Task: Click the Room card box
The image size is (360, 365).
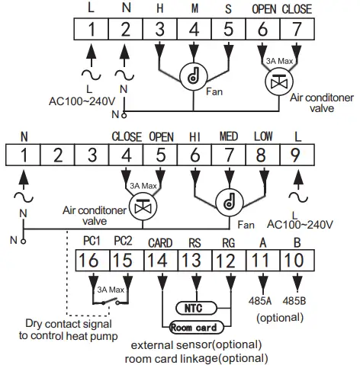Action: pyautogui.click(x=191, y=328)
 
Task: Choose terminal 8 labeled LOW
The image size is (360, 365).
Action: pyautogui.click(x=262, y=155)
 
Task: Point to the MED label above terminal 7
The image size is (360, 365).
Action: pyautogui.click(x=228, y=137)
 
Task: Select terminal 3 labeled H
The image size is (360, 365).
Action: pyautogui.click(x=159, y=31)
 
